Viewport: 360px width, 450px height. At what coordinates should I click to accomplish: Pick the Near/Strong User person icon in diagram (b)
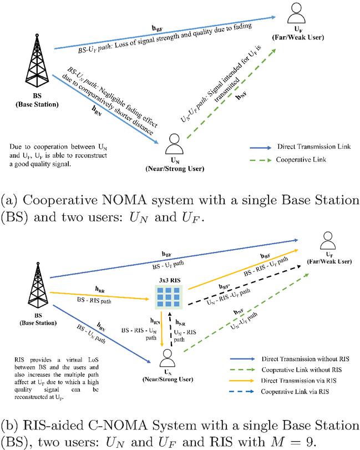(x=166, y=356)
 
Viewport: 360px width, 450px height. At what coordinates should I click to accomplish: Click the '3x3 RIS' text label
(x=169, y=280)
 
